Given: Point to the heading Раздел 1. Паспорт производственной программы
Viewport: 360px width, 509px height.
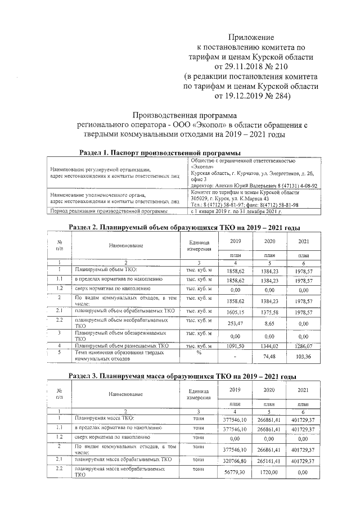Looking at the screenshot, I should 160,153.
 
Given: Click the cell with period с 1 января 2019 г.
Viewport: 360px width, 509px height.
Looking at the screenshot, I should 236,211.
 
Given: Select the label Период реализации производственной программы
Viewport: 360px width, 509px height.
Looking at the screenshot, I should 109,211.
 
